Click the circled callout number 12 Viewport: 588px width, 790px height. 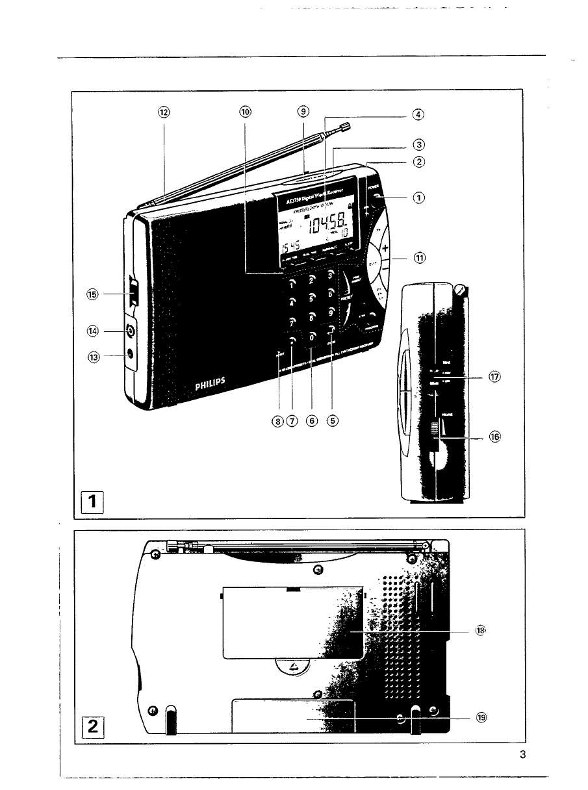(x=164, y=112)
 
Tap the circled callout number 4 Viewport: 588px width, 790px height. (x=418, y=114)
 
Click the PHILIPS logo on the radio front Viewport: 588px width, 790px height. (x=211, y=387)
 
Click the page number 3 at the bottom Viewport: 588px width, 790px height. (x=522, y=755)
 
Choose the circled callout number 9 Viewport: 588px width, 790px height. (x=303, y=111)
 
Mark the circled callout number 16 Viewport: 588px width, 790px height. (x=495, y=437)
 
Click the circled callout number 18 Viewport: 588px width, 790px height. (x=481, y=630)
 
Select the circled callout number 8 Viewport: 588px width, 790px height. (x=278, y=421)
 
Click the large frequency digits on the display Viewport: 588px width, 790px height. (x=327, y=225)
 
